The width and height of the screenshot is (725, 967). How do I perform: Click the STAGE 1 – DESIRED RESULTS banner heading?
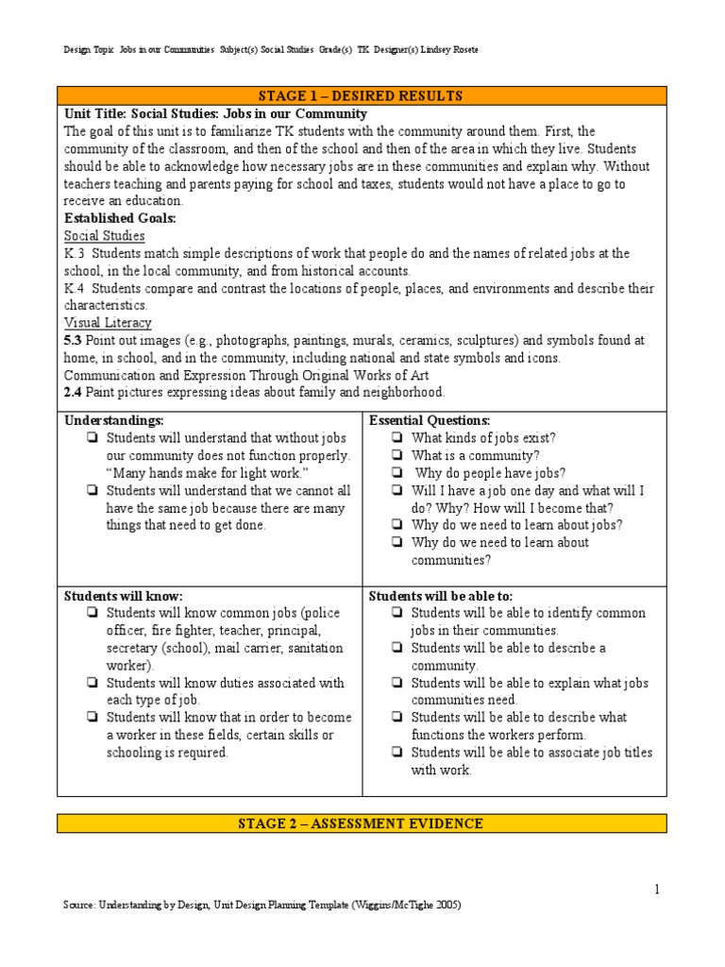click(x=362, y=95)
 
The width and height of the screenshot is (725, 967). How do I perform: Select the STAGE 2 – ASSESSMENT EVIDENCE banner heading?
click(x=362, y=823)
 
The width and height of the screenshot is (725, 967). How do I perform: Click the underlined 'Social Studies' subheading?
click(x=104, y=236)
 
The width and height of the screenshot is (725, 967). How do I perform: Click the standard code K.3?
click(x=75, y=254)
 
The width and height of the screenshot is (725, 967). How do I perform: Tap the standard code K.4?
click(x=75, y=288)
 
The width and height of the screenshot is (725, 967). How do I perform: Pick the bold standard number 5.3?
click(x=75, y=340)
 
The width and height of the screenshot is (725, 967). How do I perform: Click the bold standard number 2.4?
click(x=75, y=392)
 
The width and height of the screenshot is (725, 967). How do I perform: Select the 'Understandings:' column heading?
click(x=113, y=420)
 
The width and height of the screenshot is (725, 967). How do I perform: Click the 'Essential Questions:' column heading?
click(x=430, y=420)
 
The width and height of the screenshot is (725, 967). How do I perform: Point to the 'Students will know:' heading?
click(x=123, y=596)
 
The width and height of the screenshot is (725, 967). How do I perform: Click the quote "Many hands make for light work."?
click(x=208, y=473)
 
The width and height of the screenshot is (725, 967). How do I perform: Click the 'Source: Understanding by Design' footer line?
click(x=261, y=905)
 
